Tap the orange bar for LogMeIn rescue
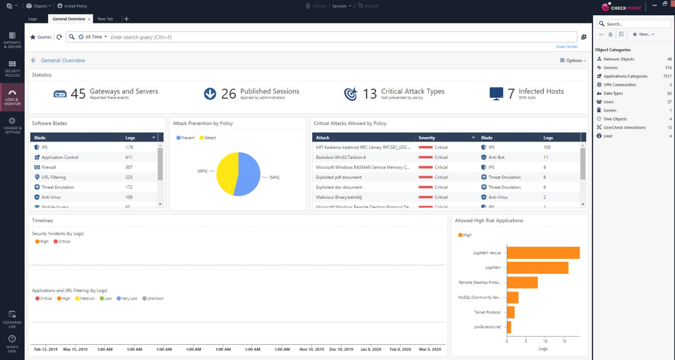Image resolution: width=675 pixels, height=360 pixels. point(543,253)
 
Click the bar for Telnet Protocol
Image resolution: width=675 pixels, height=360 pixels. point(510,312)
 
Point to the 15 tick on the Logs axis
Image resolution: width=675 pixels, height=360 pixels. point(564,341)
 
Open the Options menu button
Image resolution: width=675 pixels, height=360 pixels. point(573,60)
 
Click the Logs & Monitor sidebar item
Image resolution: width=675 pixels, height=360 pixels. point(12,97)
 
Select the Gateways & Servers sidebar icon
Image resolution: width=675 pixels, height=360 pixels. point(12,40)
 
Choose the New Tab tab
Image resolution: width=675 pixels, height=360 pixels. point(105,19)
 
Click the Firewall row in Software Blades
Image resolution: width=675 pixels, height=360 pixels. point(49,167)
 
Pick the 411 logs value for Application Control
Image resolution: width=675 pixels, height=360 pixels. point(129,157)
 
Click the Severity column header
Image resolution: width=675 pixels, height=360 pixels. point(427,137)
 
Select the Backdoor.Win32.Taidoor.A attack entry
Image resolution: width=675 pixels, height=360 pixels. point(341,157)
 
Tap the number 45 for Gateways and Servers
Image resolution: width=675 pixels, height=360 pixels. point(78,94)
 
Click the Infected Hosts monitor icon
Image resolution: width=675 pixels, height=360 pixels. point(496,93)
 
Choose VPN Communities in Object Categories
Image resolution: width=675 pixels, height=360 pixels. point(620,85)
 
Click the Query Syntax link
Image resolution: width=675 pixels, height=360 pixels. point(566,47)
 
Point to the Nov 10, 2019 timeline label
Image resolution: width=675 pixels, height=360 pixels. point(312,350)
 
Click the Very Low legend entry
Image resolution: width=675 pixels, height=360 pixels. point(129,299)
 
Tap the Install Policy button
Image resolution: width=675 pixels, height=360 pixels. point(72,6)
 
